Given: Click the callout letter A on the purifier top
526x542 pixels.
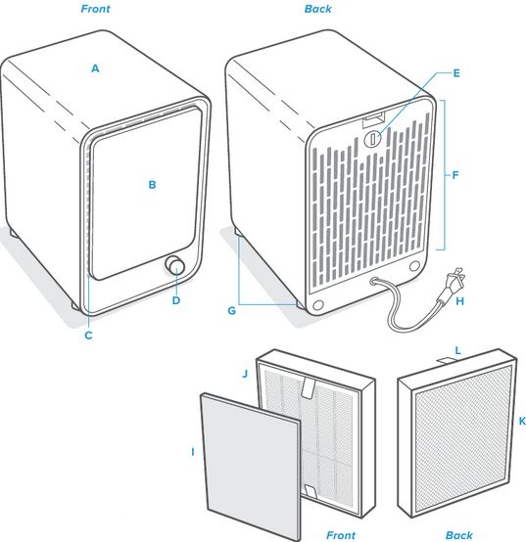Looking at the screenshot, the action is tap(95, 68).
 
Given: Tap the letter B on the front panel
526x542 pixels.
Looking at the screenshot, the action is tap(152, 185).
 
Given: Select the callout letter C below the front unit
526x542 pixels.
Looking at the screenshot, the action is tap(88, 336).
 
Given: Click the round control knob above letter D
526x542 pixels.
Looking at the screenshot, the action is tap(174, 266).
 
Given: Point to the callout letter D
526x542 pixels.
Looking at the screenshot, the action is tap(176, 300).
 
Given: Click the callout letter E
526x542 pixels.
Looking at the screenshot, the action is tap(456, 73).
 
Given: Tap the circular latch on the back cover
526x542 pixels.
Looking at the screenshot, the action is tap(372, 138).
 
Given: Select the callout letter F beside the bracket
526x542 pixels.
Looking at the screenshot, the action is tap(455, 175).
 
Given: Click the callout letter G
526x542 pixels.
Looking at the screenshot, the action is tap(231, 311).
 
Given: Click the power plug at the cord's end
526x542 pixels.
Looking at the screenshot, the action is tap(453, 285).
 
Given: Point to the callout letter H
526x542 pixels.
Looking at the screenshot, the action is tap(460, 301).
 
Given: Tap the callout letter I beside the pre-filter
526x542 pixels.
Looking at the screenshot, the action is tap(193, 452).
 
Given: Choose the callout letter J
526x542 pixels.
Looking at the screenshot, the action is tap(245, 374).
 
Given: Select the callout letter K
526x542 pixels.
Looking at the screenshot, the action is tap(522, 421).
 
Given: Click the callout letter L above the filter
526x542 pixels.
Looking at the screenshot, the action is tap(457, 350).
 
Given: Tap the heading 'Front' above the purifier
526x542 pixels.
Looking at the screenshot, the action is tap(96, 9).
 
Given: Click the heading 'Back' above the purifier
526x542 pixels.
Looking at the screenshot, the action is tap(318, 9).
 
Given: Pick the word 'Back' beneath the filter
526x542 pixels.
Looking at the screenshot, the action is tap(458, 535).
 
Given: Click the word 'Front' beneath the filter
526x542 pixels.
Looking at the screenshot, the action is tap(341, 535).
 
